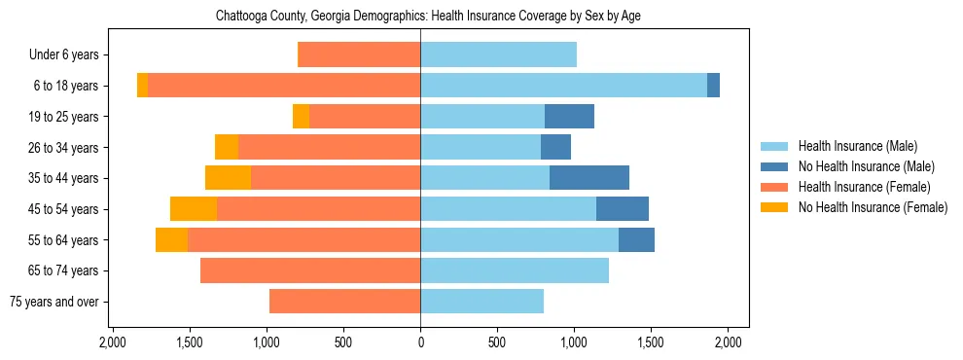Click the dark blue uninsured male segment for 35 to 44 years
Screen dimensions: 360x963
click(x=589, y=178)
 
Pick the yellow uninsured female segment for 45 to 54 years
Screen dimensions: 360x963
click(x=194, y=209)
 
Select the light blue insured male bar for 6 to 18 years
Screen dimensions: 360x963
click(x=563, y=86)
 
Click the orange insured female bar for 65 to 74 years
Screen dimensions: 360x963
click(x=310, y=270)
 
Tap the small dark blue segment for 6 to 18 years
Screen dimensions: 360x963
click(x=713, y=86)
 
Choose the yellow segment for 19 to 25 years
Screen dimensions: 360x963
click(x=301, y=117)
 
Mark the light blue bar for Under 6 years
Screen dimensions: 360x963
click(x=498, y=54)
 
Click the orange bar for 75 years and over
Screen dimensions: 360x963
click(x=344, y=302)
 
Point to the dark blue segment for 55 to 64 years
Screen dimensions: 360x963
click(x=636, y=239)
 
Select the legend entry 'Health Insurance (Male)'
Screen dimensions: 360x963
click(x=857, y=146)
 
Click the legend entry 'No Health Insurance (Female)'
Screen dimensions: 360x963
click(x=873, y=207)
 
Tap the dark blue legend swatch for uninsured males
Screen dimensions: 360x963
click(x=774, y=166)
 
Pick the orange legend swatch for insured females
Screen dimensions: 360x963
click(x=774, y=187)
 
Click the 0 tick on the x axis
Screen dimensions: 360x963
click(x=420, y=342)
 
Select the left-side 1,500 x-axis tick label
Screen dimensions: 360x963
click(x=190, y=342)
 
